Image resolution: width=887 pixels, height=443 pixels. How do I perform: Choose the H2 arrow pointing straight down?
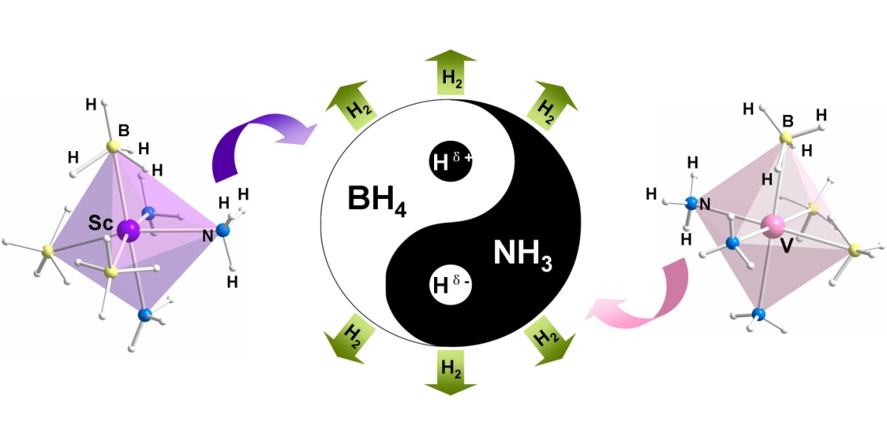point(450,371)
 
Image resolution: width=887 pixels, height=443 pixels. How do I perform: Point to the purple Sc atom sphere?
point(129,231)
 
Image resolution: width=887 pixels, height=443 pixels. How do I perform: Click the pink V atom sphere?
point(774,228)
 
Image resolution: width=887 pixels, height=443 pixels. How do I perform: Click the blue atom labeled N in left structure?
point(223,230)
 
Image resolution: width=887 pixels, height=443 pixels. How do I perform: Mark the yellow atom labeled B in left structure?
point(113,146)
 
